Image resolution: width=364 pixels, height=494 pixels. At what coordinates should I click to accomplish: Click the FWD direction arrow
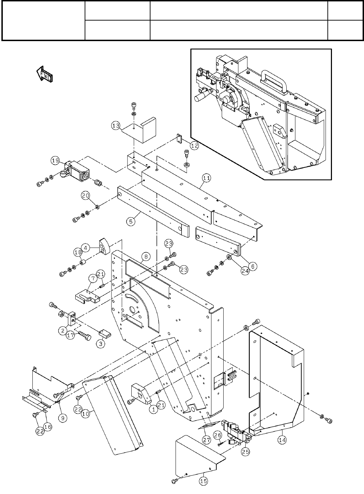(x=45, y=74)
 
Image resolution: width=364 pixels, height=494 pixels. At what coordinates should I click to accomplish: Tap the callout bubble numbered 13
(x=116, y=126)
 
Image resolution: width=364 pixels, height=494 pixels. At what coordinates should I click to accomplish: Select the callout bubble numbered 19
(x=55, y=160)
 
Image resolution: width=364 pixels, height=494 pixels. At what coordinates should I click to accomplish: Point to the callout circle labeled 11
(x=206, y=178)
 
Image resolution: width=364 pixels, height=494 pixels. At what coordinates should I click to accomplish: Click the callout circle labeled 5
(x=131, y=221)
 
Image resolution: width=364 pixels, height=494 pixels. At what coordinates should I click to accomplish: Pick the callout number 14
(x=282, y=440)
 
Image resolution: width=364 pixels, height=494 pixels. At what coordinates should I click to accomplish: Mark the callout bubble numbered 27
(x=207, y=440)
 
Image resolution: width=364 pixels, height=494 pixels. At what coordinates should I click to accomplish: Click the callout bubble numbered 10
(x=86, y=414)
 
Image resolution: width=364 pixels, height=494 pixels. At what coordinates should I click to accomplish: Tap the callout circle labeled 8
(x=146, y=256)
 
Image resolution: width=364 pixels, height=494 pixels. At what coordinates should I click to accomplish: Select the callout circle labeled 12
(x=194, y=146)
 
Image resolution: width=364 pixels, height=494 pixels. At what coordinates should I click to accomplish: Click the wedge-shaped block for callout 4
(x=104, y=246)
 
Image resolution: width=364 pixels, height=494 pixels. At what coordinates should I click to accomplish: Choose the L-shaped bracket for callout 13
(x=139, y=130)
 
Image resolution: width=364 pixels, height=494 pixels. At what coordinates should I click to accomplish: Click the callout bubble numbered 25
(x=245, y=451)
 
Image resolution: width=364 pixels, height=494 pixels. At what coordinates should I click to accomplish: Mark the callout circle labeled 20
(x=86, y=195)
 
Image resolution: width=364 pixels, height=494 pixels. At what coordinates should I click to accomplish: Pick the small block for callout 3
(x=105, y=334)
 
